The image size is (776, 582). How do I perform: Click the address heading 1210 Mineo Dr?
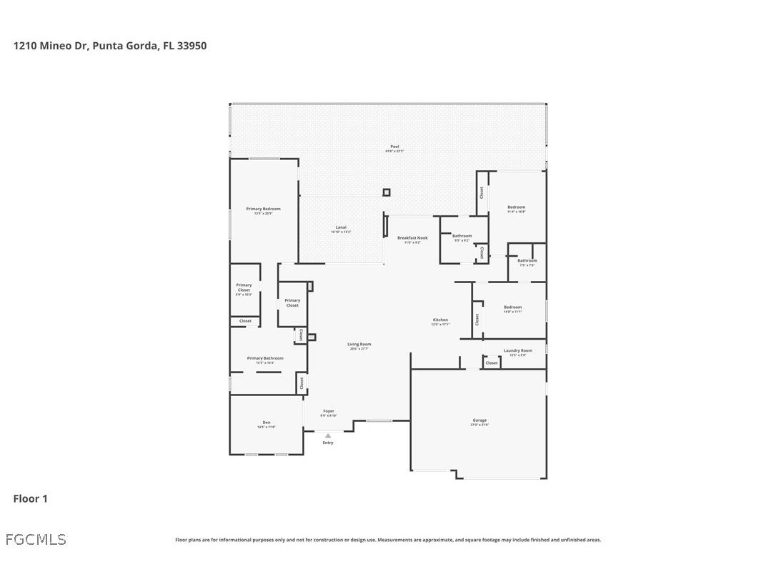coord(110,46)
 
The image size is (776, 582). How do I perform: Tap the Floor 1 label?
coord(30,498)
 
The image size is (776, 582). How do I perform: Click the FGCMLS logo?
coord(36,539)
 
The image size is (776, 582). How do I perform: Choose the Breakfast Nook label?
coord(412,240)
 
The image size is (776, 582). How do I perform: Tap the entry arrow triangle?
coord(328,435)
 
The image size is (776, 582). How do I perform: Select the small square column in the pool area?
coord(387,192)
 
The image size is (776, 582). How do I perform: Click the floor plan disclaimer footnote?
coord(388,540)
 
